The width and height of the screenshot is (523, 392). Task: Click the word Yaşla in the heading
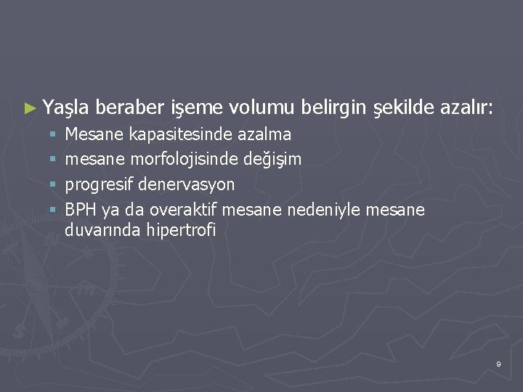click(65, 110)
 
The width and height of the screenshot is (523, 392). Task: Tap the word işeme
click(197, 110)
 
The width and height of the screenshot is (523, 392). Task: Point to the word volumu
click(261, 109)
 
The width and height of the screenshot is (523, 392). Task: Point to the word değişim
click(270, 159)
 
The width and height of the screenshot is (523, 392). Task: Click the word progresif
click(101, 184)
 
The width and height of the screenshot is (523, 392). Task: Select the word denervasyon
click(188, 184)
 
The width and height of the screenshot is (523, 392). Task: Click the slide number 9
click(498, 363)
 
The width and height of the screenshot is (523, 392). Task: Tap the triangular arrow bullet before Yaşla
click(30, 110)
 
